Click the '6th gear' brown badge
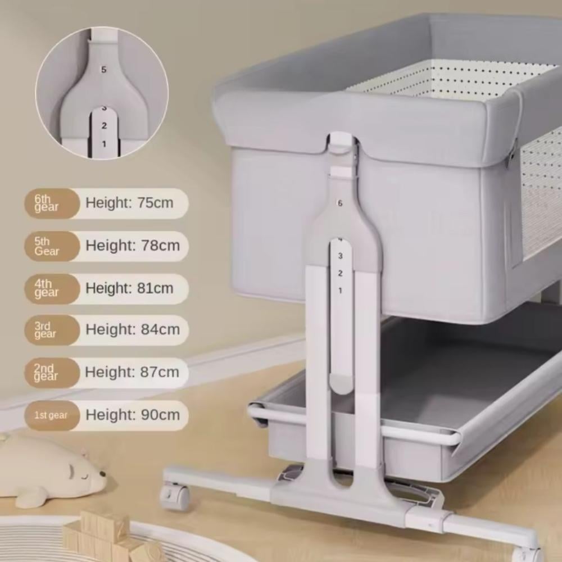(52, 203)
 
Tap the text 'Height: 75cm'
(129, 203)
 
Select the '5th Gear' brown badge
(52, 246)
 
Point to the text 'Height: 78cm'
(133, 246)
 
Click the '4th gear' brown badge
(52, 289)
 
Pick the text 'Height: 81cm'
(129, 288)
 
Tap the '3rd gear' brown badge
(52, 330)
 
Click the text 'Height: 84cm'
(133, 329)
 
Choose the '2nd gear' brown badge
(52, 373)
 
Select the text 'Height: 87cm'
(132, 372)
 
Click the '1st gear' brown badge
(52, 415)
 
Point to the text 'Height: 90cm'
(133, 415)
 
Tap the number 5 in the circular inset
(104, 70)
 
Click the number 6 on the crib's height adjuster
(340, 203)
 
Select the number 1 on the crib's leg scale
(340, 291)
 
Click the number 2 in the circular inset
(104, 125)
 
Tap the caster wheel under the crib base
(175, 495)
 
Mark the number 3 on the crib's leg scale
(340, 256)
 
